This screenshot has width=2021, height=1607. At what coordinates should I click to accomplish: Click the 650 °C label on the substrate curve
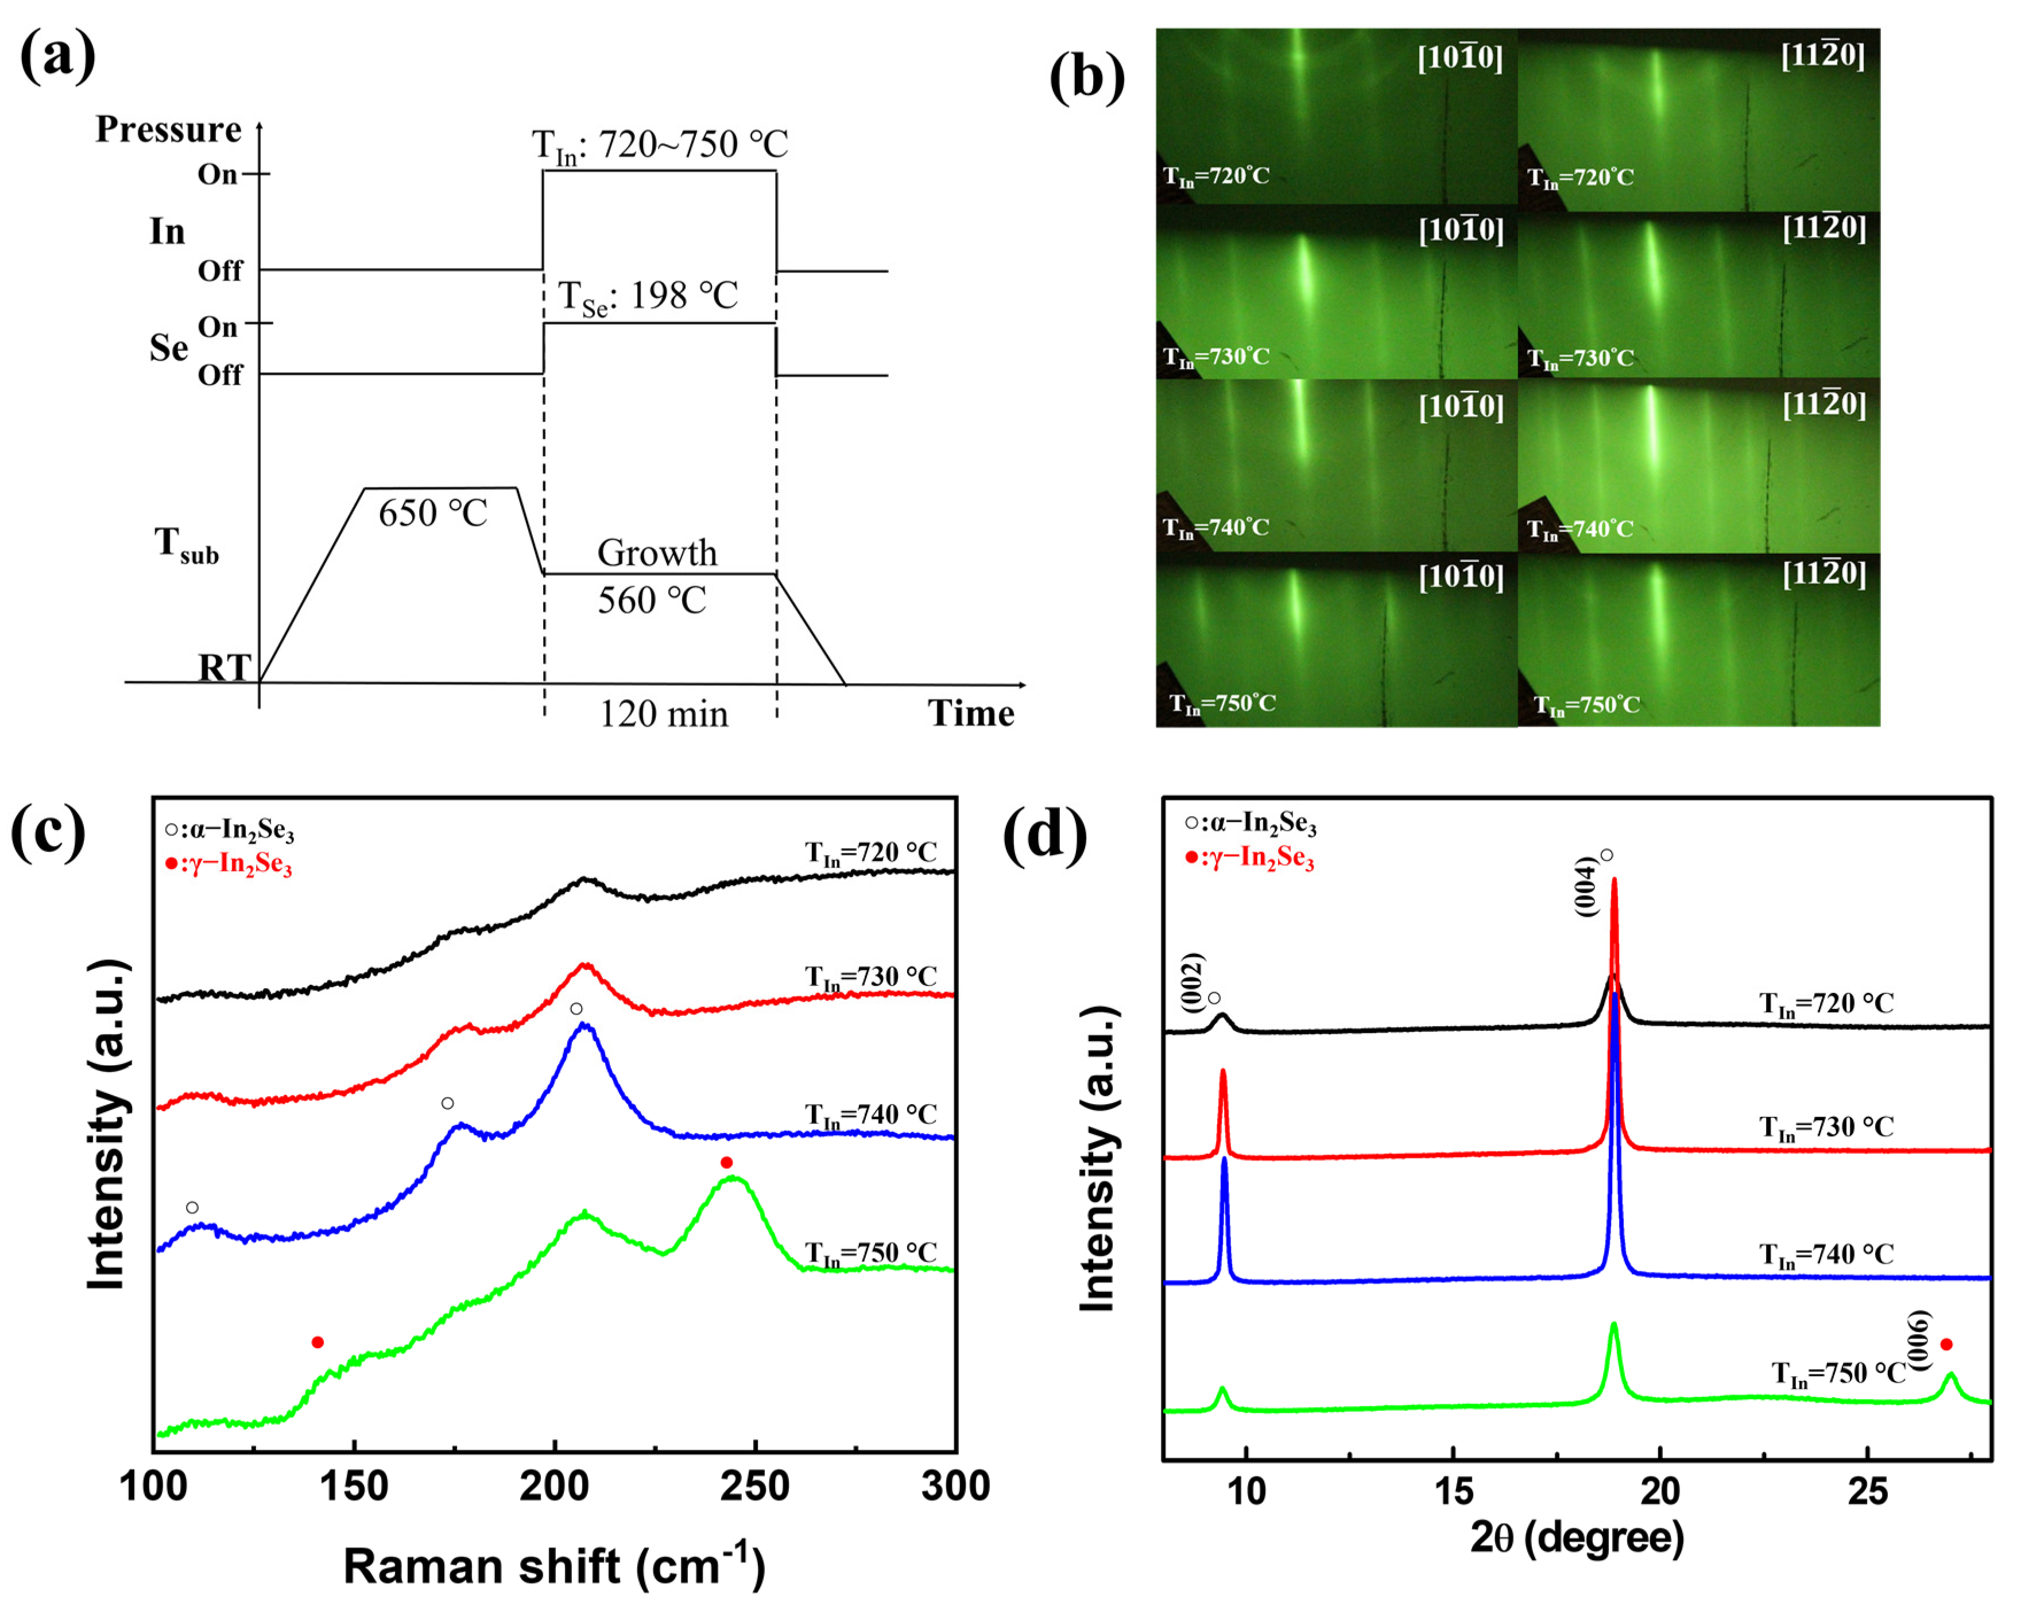click(433, 514)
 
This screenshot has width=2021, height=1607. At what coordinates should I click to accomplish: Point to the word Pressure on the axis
click(169, 129)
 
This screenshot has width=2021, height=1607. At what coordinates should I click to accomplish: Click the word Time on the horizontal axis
click(971, 714)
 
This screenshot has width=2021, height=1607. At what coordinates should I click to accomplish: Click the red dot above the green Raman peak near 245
click(726, 1163)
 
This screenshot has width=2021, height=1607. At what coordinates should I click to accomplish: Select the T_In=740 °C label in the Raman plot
click(871, 1115)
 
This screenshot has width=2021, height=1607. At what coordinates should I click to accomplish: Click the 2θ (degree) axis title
click(1577, 1539)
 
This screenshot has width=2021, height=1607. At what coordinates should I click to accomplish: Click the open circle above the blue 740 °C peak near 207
click(576, 1009)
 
